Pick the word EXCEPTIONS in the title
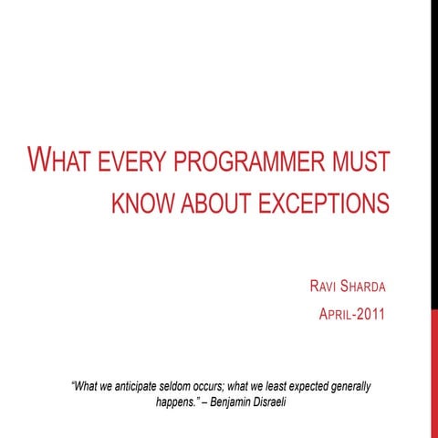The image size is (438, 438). [x=325, y=202]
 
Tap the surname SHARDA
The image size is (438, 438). [x=361, y=288]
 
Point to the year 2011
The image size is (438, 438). [x=370, y=318]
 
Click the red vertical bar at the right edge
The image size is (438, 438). [x=433, y=374]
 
